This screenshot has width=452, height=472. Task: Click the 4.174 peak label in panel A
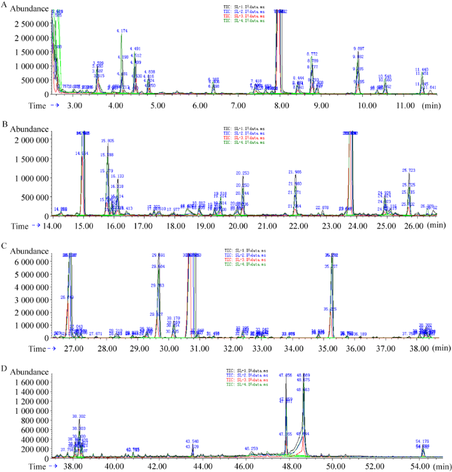[x=122, y=30]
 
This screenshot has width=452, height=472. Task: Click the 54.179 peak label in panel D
[x=422, y=442]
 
